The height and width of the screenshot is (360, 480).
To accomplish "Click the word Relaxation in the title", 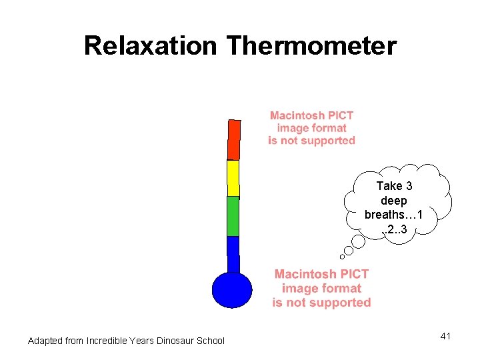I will point(150,46).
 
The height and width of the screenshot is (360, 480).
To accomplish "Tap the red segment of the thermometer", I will point(233,140).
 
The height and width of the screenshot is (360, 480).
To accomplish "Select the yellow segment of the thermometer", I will point(233,178).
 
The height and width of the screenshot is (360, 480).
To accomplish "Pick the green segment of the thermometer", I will point(233,216).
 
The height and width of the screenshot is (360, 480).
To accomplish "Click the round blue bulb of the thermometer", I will point(232,291).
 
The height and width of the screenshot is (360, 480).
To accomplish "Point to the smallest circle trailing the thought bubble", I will point(342,256).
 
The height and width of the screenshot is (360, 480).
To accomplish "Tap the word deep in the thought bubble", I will point(393,200).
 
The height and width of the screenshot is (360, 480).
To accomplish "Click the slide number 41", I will point(445,336).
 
